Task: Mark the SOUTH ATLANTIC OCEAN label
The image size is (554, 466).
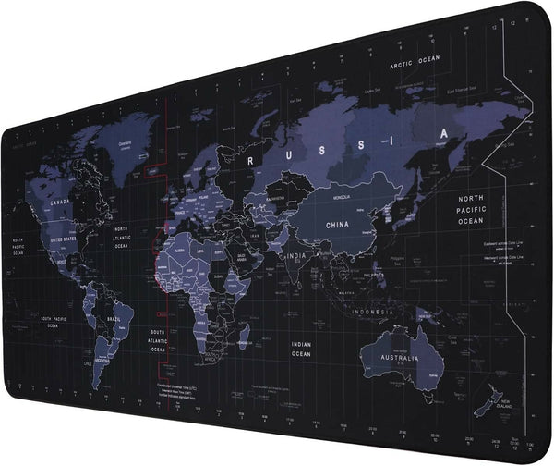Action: pyautogui.click(x=159, y=339)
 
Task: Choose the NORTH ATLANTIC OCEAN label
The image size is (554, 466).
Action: pyautogui.click(x=121, y=238)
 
